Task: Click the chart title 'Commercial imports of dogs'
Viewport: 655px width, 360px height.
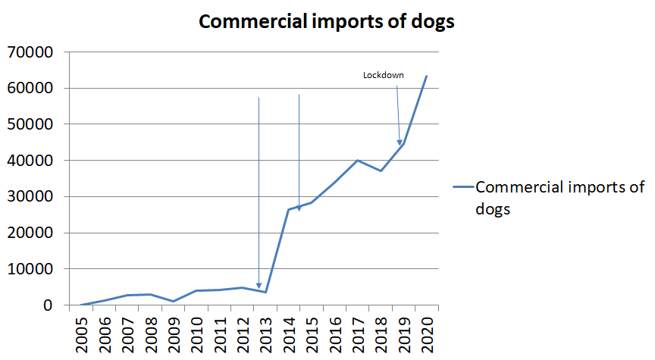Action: tap(326, 22)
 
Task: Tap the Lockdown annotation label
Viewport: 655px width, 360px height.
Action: tap(383, 75)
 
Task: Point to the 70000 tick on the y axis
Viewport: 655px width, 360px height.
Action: tap(30, 52)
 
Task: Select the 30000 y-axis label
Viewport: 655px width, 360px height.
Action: tap(30, 197)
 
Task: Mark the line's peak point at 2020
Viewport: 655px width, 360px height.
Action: tap(426, 76)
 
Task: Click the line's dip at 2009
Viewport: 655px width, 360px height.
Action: tap(173, 302)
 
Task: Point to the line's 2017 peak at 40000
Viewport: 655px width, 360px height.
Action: tap(357, 160)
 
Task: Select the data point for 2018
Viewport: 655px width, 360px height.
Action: tap(381, 171)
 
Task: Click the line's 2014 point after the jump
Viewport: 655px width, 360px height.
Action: tap(288, 209)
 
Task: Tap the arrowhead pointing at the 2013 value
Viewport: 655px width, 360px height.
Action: tap(259, 286)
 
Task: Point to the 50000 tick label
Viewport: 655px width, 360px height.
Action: tap(30, 124)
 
